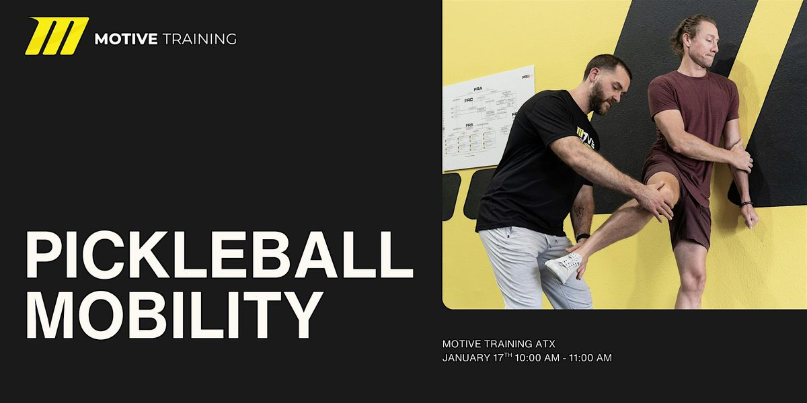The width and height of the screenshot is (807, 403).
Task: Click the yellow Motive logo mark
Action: click(x=56, y=36)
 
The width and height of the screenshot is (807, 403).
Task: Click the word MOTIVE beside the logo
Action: click(x=125, y=39)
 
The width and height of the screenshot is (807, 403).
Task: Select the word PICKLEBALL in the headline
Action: click(x=219, y=257)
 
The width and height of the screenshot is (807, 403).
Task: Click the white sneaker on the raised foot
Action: click(x=564, y=267)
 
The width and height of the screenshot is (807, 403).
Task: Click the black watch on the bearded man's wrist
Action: click(x=582, y=236)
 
